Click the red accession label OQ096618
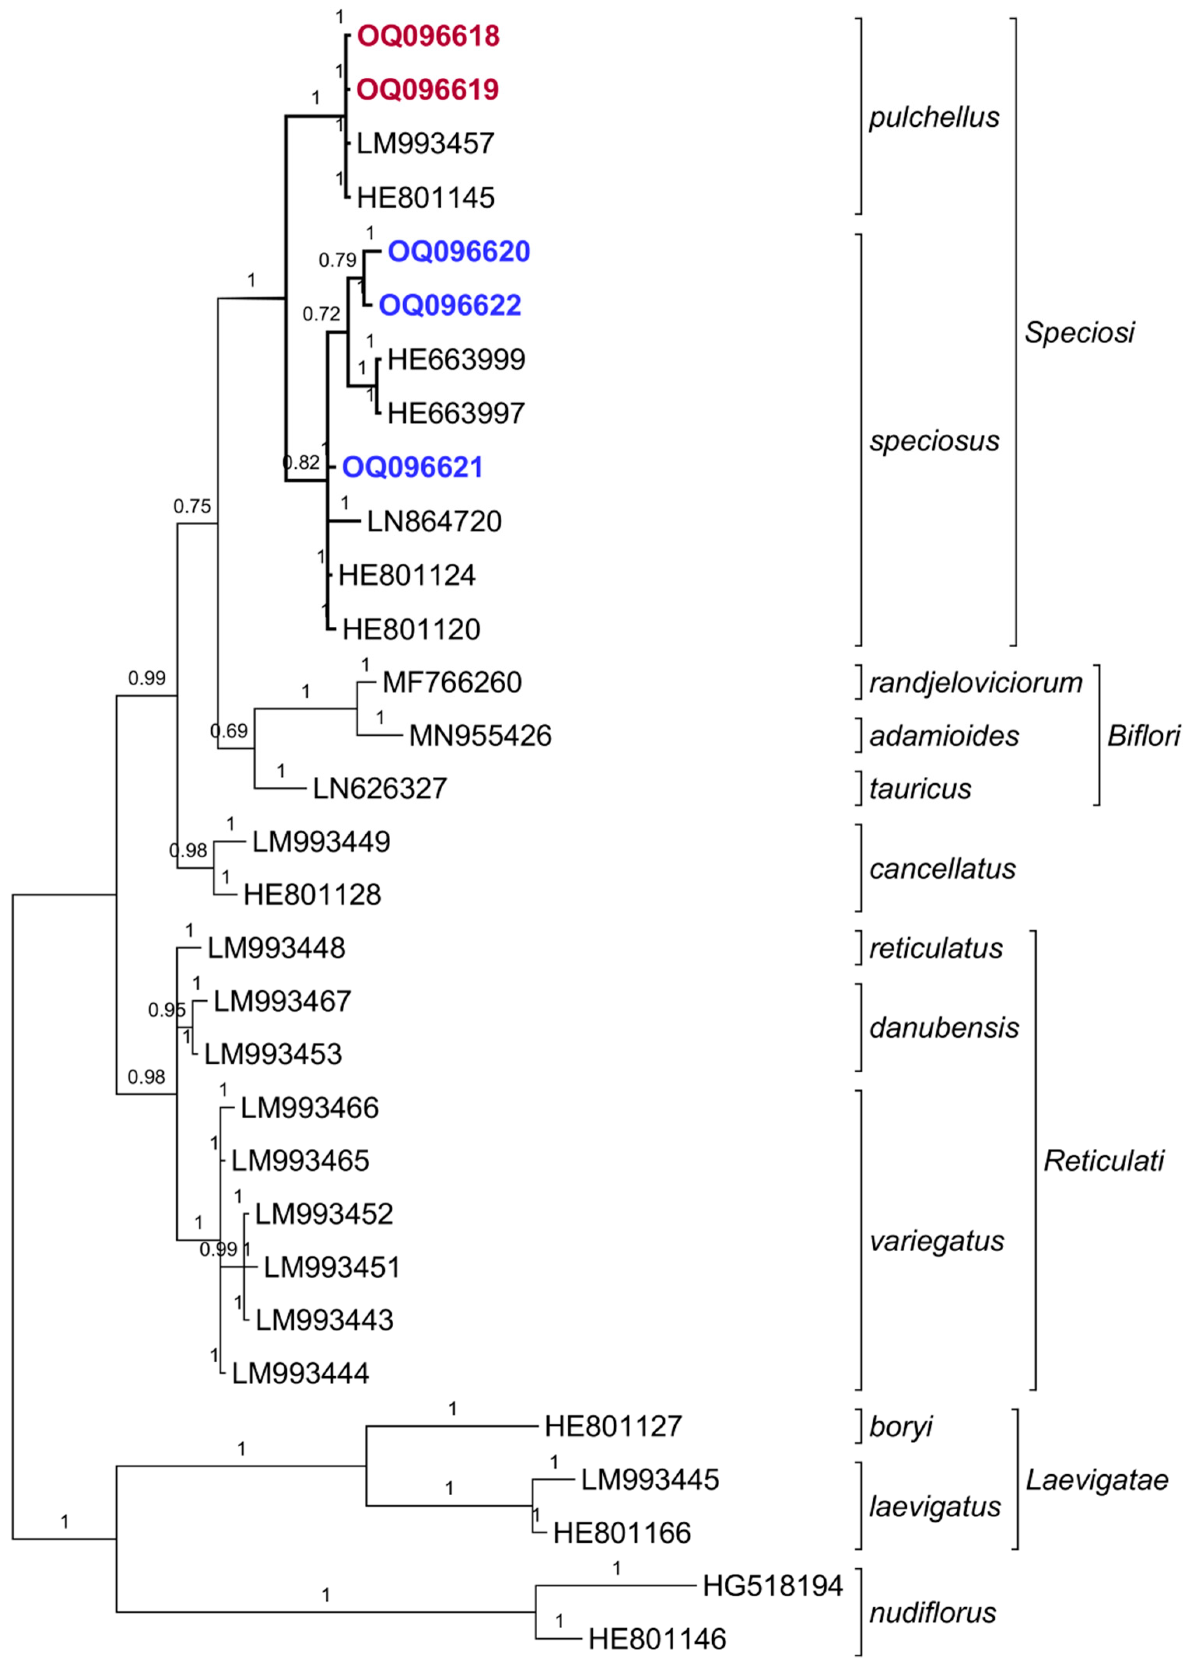[428, 36]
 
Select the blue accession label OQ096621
[413, 467]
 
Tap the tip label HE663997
[456, 414]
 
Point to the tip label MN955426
[480, 736]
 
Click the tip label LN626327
[380, 788]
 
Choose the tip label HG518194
[773, 1586]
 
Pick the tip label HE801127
[613, 1426]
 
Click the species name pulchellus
[934, 117]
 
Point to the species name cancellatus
[942, 869]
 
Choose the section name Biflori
[1143, 736]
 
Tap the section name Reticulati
[1103, 1161]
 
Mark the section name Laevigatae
[1097, 1480]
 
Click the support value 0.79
[337, 260]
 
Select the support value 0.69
[229, 731]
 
